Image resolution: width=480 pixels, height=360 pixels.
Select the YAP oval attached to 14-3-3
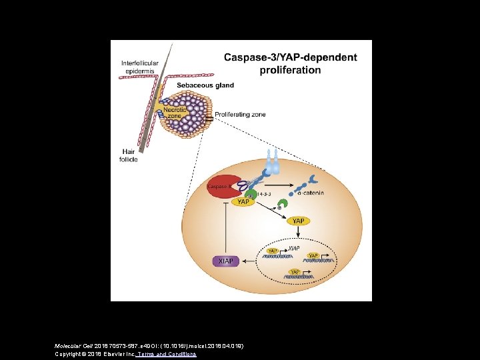pos(243,202)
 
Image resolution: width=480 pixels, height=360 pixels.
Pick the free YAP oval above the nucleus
pos(298,221)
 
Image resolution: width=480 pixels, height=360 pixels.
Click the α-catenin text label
pos(310,193)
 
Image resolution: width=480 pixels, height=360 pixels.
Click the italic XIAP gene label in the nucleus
pos(293,248)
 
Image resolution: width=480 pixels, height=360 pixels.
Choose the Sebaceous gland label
pos(205,85)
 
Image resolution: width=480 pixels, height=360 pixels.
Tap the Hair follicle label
pos(129,155)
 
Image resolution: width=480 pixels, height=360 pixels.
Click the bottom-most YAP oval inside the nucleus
pos(293,271)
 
